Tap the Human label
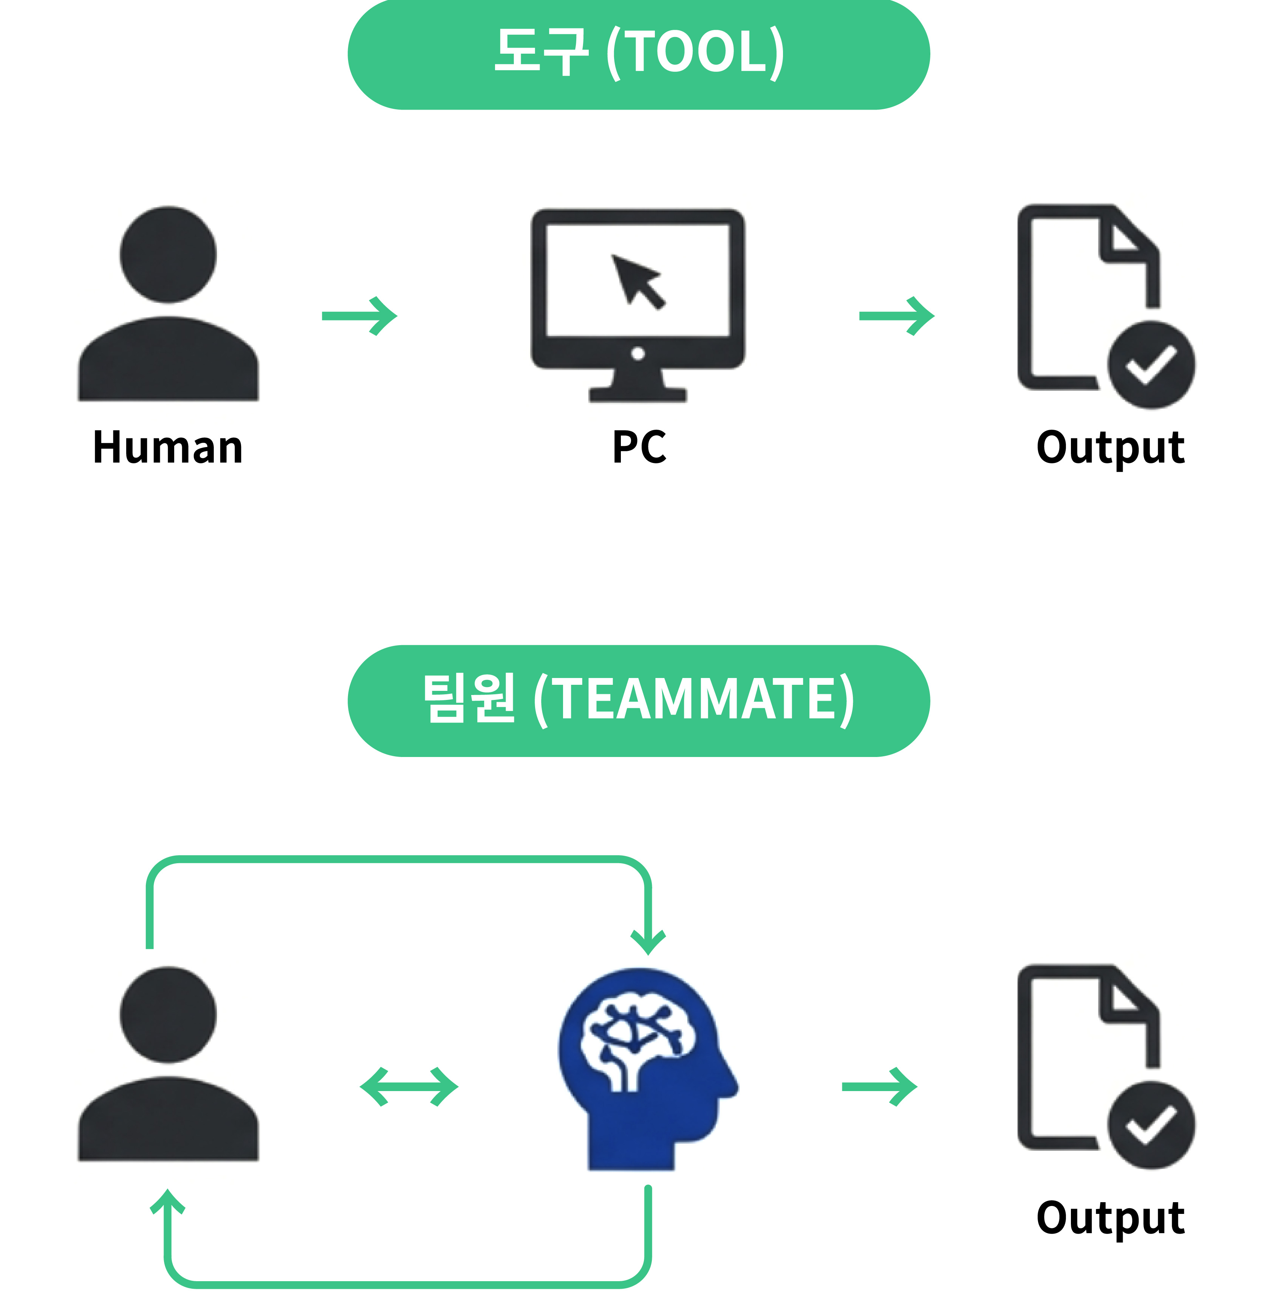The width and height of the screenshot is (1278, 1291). point(168,447)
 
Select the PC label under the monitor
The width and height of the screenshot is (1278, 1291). point(639,447)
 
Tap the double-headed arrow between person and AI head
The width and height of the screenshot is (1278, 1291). point(409,1087)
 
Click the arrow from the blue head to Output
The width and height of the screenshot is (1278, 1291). point(879,1087)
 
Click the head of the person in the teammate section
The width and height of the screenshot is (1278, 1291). point(168,1014)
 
